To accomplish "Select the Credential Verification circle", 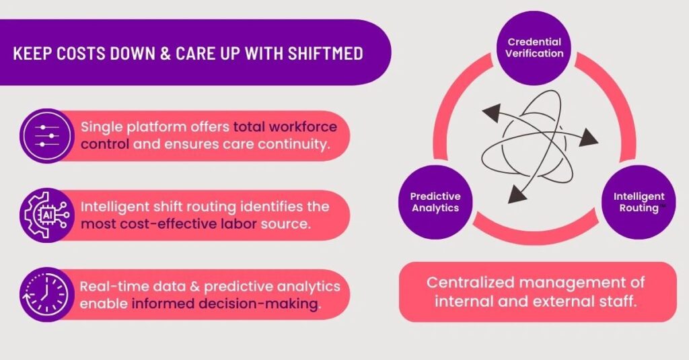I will click(x=535, y=48).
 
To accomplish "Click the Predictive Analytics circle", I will click(x=435, y=202).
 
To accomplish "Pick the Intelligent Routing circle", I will click(x=639, y=202).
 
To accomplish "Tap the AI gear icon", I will click(x=44, y=215).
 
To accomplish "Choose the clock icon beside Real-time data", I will click(x=44, y=295).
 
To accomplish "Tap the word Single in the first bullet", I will click(x=101, y=127).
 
